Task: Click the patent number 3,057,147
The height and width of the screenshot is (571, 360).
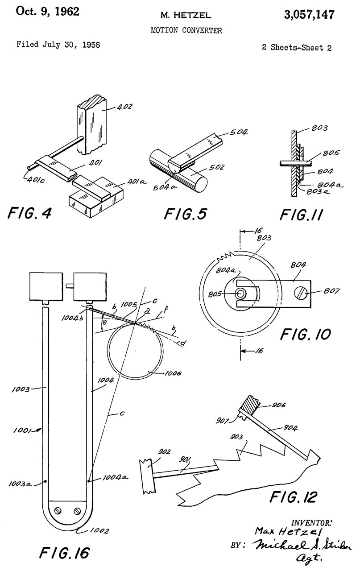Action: [x=309, y=15]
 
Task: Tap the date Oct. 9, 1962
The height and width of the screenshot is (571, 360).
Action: [x=48, y=12]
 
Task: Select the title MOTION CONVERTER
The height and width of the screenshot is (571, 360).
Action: [x=186, y=30]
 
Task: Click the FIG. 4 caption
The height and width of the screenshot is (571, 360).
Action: [x=29, y=213]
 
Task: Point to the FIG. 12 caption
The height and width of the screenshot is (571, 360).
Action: [x=293, y=497]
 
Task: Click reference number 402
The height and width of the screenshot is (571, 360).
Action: [x=124, y=107]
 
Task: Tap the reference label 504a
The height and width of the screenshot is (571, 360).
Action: [x=165, y=188]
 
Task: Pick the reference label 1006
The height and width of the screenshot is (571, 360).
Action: [x=173, y=374]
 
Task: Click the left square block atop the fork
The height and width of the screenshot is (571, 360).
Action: [x=46, y=286]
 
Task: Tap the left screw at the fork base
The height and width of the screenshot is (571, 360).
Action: [x=58, y=511]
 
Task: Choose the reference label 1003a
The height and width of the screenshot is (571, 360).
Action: [x=20, y=484]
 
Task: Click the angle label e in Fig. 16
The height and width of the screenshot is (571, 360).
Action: [x=104, y=322]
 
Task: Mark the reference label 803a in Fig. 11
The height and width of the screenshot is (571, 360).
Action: [x=318, y=191]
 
